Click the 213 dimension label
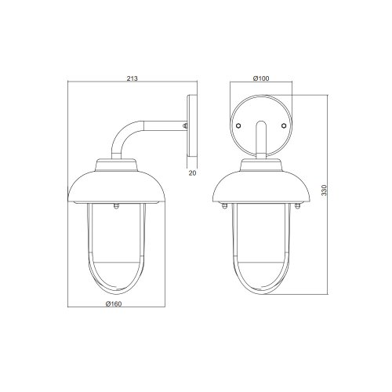(x=132, y=78)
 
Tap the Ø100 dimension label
(x=261, y=78)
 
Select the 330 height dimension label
(x=324, y=191)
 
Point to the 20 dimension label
(x=192, y=173)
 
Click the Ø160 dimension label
(x=114, y=304)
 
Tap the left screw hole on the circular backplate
(x=238, y=125)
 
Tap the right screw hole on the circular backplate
(x=284, y=125)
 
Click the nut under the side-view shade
(x=116, y=206)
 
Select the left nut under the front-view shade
(x=224, y=206)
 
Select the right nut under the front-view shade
(x=297, y=206)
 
